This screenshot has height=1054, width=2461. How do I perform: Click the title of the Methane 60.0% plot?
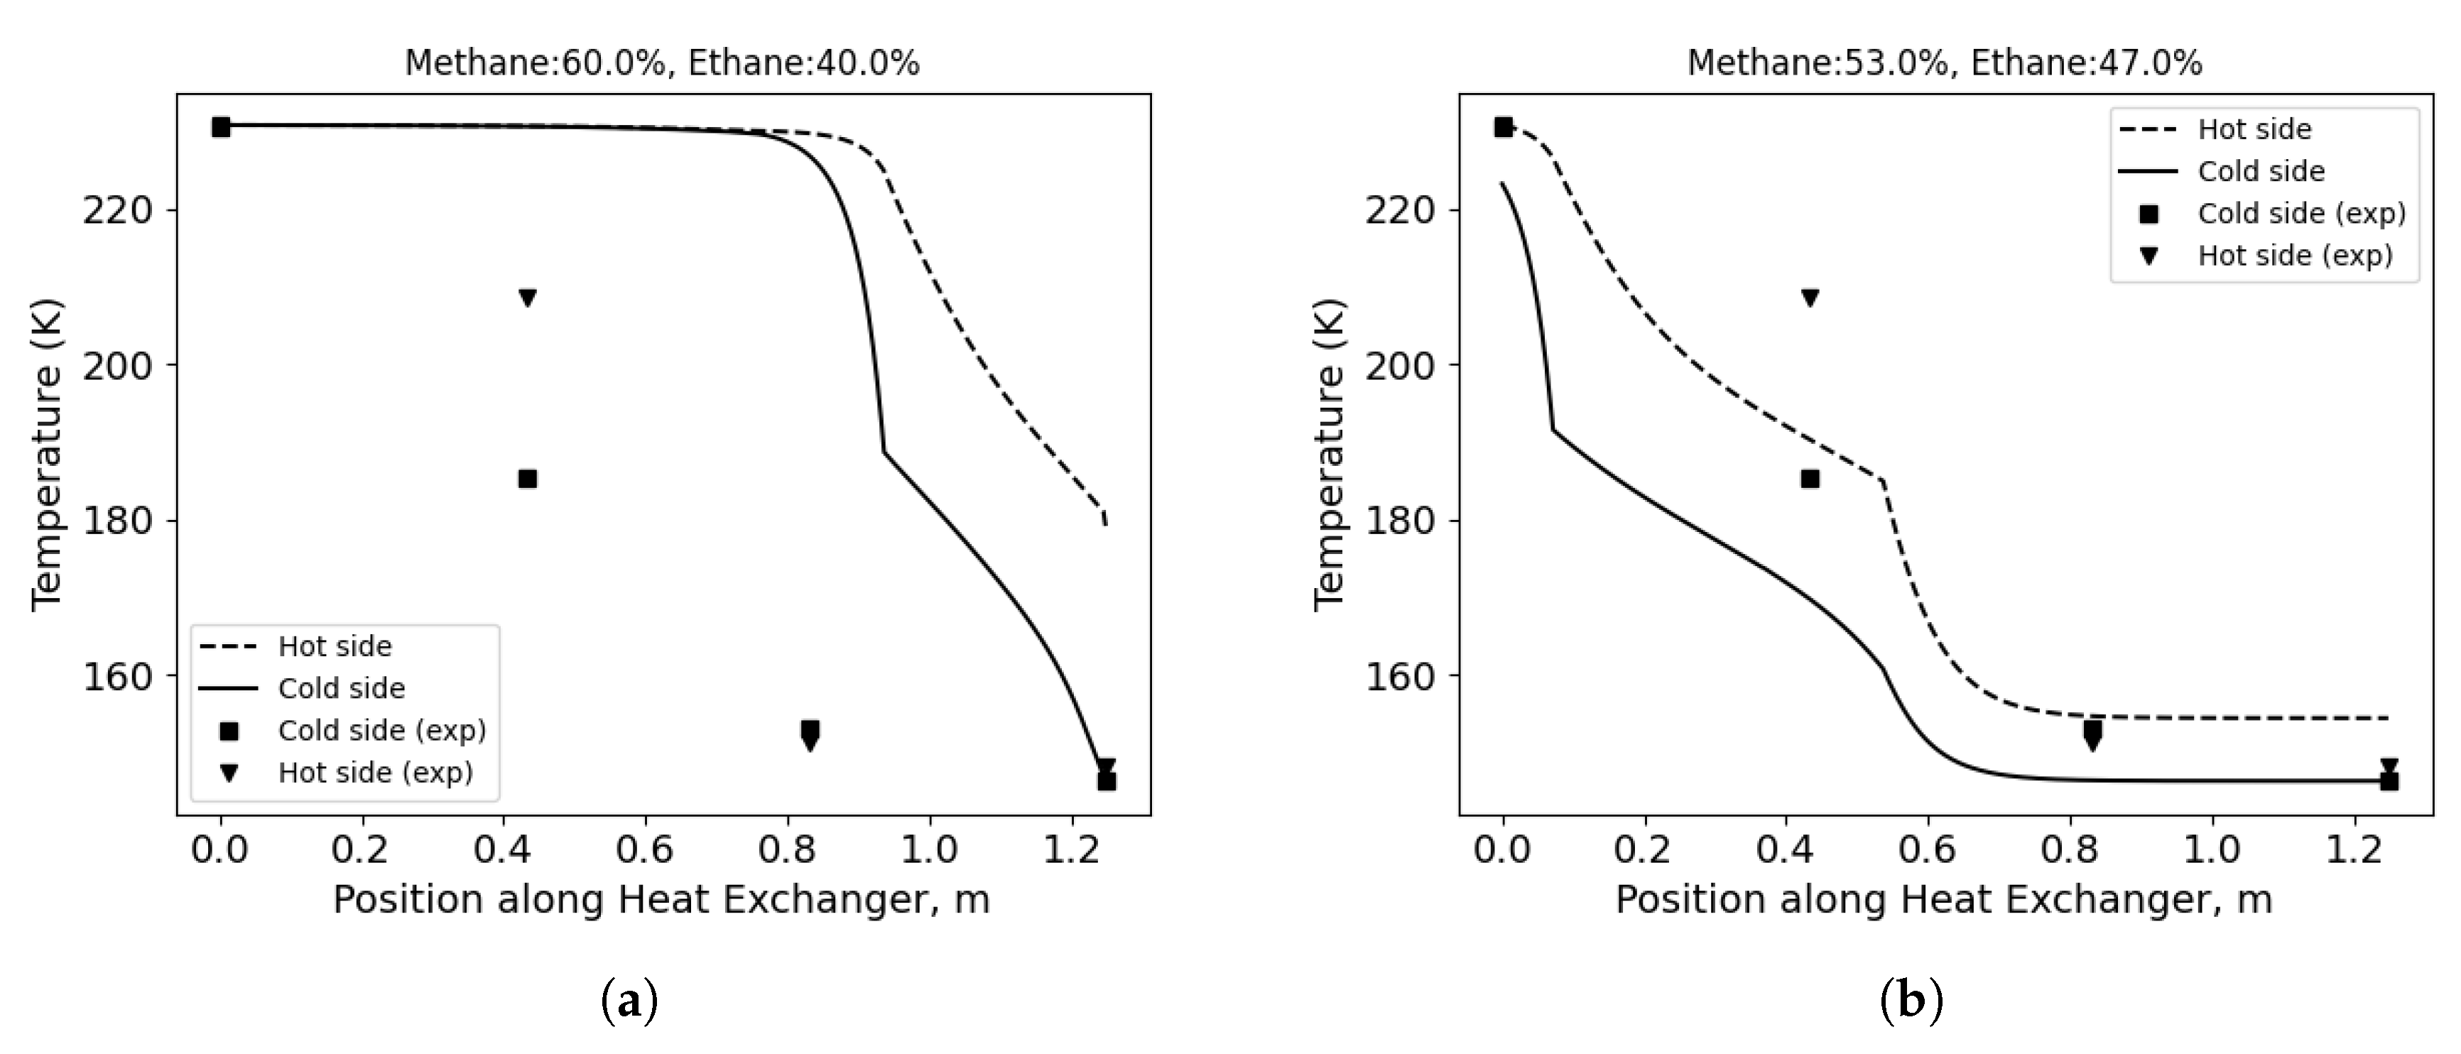click(x=662, y=63)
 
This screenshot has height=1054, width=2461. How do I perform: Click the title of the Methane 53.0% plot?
click(x=1944, y=63)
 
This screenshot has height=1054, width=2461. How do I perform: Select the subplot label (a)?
click(x=629, y=1002)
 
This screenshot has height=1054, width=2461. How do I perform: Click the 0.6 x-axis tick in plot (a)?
click(x=645, y=849)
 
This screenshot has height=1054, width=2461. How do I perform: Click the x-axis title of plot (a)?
click(x=661, y=900)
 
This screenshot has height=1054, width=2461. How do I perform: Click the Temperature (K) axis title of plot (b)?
click(x=1329, y=455)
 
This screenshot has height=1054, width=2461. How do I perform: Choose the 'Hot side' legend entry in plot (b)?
click(x=2254, y=129)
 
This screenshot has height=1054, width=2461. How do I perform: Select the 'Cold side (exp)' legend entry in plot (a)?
click(x=382, y=731)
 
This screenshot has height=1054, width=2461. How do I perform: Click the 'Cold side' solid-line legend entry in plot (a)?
click(x=341, y=689)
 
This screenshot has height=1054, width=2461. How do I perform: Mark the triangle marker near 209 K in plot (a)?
click(x=527, y=298)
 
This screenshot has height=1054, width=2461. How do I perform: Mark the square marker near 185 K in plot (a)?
click(x=527, y=479)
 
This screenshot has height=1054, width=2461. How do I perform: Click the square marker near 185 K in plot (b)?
click(x=1810, y=479)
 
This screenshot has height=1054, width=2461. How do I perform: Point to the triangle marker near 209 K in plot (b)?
click(x=1810, y=298)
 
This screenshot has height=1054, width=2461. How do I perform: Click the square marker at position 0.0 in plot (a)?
click(x=221, y=127)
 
